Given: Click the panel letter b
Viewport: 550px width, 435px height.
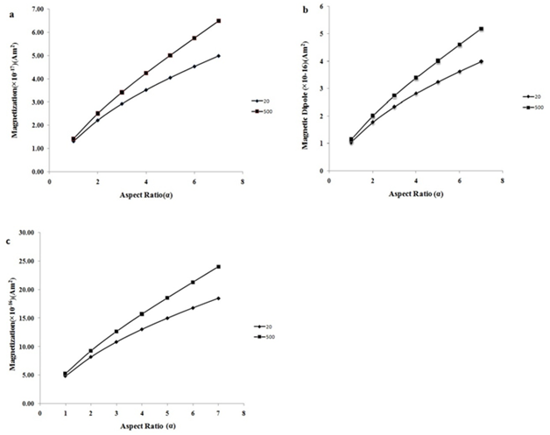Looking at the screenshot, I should [304, 10].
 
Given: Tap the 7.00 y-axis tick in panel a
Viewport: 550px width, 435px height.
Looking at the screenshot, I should [38, 9].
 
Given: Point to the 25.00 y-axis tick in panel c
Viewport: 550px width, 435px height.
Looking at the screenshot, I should [36, 261].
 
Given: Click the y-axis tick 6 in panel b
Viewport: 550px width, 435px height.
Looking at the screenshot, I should [322, 6].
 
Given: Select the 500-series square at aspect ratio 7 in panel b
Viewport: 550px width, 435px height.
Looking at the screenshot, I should [481, 29].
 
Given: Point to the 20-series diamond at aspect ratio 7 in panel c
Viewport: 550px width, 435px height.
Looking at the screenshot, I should [218, 298].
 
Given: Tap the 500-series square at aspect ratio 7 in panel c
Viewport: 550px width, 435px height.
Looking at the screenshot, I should [218, 267].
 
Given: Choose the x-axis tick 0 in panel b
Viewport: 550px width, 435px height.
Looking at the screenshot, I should [328, 180].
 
